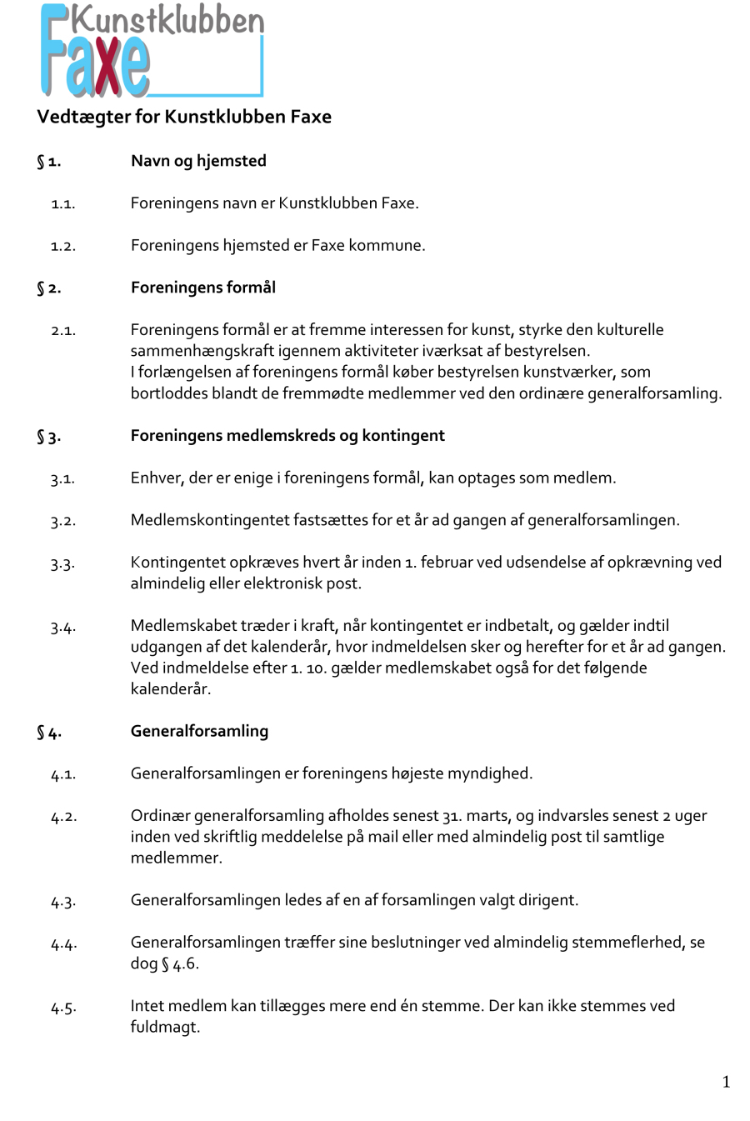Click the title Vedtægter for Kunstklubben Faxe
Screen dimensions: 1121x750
184,117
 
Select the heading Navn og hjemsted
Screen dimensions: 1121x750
198,161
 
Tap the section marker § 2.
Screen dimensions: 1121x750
48,288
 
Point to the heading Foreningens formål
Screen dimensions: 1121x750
202,288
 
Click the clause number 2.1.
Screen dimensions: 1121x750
62,331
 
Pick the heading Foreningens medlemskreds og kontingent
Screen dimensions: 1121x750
287,435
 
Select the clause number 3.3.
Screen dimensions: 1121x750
62,564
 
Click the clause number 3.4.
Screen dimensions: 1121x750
62,628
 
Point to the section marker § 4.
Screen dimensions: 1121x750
48,733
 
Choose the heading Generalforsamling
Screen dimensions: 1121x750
199,731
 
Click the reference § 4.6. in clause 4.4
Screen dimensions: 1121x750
180,963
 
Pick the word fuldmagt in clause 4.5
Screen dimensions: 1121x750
165,1027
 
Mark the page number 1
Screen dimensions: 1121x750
726,1082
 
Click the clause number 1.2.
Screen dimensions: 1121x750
62,247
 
